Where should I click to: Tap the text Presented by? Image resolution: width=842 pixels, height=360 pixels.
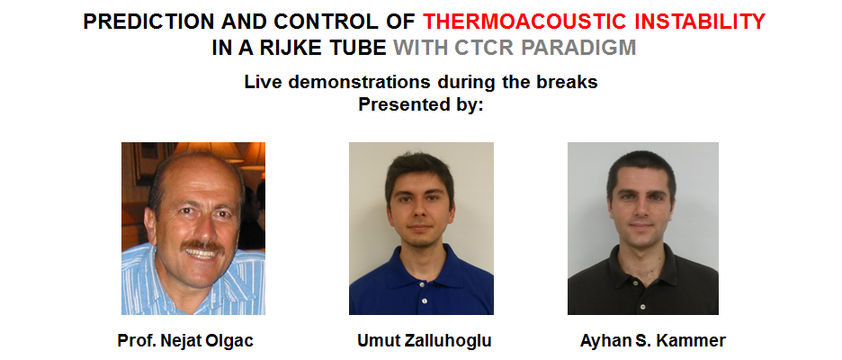[x=421, y=103]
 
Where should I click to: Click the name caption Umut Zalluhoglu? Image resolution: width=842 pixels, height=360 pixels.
[x=425, y=341]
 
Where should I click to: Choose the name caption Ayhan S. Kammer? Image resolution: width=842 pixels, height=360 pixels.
[x=653, y=341]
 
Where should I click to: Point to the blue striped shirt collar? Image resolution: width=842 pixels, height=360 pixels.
[x=156, y=269]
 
